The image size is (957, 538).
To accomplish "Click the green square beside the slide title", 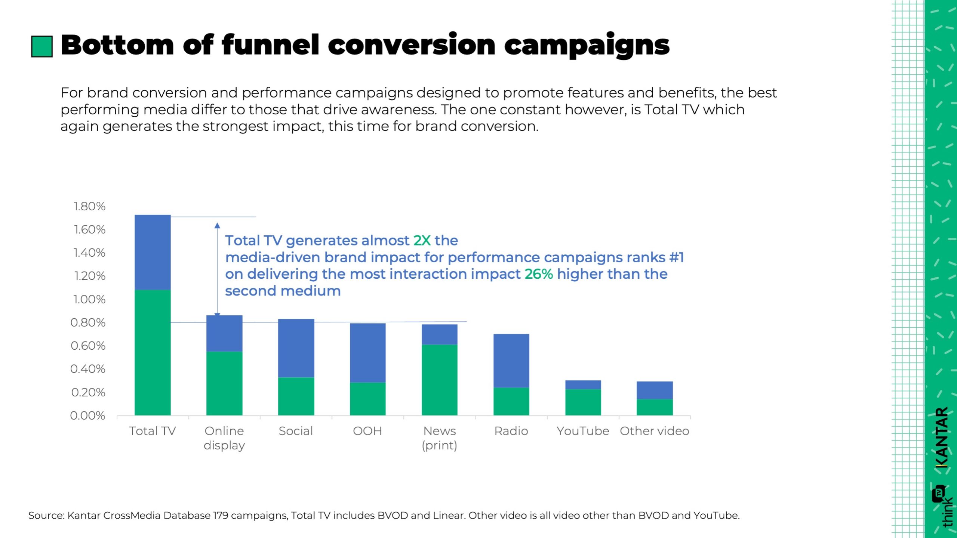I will click(x=41, y=46).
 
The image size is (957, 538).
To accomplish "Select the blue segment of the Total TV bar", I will click(x=153, y=252).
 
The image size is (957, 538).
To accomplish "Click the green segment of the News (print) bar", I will click(x=439, y=380).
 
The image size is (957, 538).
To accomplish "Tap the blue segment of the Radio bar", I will click(x=511, y=361).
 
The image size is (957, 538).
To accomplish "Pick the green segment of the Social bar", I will click(x=296, y=396).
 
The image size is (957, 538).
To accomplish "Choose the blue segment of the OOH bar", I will click(x=367, y=353).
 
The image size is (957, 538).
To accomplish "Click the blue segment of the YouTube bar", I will click(x=583, y=385).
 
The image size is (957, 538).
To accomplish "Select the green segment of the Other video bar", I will click(x=654, y=407).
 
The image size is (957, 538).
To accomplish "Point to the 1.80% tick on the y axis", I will click(x=90, y=206).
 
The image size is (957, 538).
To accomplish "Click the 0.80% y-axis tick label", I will click(x=88, y=322).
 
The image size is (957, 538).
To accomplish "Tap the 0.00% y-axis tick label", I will click(x=88, y=415).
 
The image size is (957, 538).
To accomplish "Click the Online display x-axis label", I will click(x=224, y=438).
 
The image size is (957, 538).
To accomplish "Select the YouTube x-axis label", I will click(x=583, y=431).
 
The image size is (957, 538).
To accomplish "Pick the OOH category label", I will click(x=367, y=431).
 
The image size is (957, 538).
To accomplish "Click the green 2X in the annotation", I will click(x=422, y=241).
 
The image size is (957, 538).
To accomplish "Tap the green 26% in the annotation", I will click(x=539, y=274).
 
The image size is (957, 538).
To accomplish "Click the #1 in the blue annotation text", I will click(x=676, y=257).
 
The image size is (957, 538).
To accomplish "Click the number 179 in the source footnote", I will click(x=221, y=516).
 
